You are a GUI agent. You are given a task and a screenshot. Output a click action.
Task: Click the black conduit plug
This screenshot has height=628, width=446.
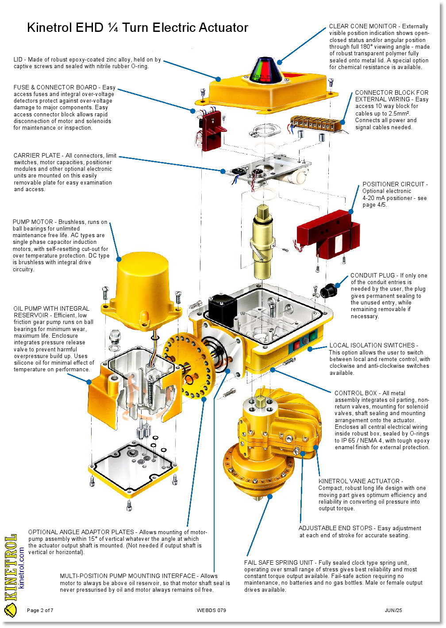[328, 291]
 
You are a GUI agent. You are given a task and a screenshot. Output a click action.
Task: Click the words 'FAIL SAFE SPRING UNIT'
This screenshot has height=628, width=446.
[278, 563]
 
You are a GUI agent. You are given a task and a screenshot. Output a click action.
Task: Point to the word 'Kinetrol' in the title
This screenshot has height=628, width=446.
[49, 27]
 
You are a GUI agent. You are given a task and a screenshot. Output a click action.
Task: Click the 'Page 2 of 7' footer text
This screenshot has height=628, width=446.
[40, 610]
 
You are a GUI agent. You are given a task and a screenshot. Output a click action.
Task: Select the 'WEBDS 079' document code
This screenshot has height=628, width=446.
[211, 610]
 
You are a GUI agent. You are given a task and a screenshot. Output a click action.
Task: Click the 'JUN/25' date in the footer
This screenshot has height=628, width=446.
[393, 610]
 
